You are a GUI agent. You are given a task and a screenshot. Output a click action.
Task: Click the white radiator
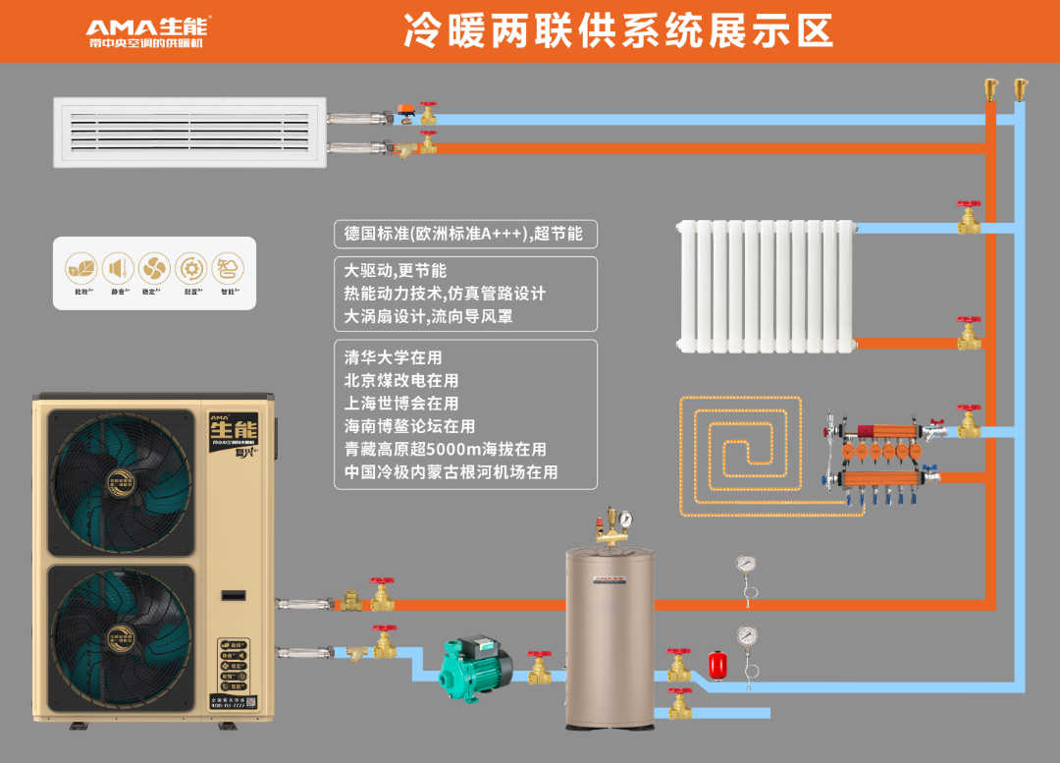point(766,285)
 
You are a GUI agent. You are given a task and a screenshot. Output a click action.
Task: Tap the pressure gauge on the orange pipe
point(746,566)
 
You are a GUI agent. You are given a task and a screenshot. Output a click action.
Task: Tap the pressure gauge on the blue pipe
point(748,635)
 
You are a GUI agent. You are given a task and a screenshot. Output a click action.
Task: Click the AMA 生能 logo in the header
point(147,30)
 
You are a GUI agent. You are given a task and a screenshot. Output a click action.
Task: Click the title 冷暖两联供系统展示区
point(618,31)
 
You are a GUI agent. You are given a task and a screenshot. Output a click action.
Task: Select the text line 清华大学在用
point(393,357)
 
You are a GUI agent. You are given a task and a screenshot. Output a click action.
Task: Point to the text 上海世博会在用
point(401,404)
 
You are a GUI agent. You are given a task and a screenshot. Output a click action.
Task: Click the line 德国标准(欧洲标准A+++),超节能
point(463,234)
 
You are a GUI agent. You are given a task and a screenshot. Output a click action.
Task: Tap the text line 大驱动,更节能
point(395,270)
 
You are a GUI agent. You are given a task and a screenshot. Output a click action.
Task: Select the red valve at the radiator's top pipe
point(970,217)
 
